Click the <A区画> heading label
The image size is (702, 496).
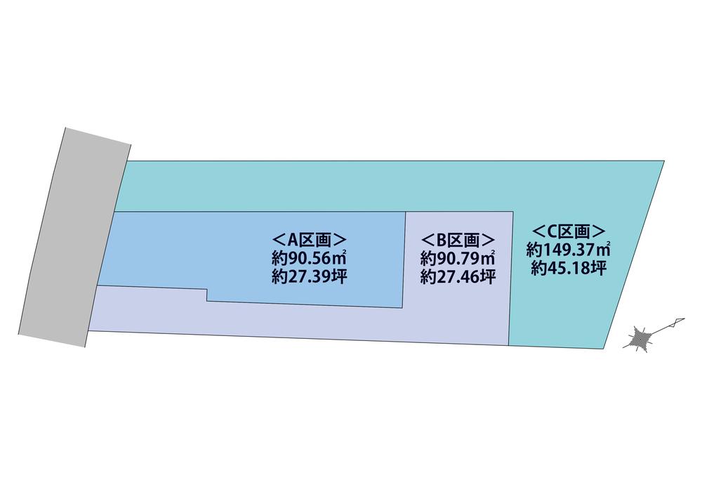(309, 240)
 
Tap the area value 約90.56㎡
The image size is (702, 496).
(309, 258)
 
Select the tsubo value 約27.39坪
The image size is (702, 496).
(309, 277)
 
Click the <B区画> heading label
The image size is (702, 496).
(458, 240)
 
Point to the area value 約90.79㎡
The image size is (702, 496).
(458, 258)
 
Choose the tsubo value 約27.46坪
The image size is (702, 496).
(458, 277)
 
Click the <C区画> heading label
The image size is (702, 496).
(569, 231)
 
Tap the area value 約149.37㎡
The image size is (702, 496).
(569, 249)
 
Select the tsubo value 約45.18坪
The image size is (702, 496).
(569, 268)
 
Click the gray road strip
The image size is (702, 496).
(75, 238)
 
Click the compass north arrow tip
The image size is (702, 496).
(684, 319)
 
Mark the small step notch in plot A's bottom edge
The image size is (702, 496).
(206, 295)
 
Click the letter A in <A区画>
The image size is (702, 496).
(292, 241)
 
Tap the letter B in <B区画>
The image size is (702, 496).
(441, 241)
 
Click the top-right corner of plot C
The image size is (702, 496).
(664, 161)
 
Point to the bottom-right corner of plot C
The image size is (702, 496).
(605, 347)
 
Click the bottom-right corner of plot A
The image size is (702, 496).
(402, 308)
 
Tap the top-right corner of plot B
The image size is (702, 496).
(512, 211)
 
